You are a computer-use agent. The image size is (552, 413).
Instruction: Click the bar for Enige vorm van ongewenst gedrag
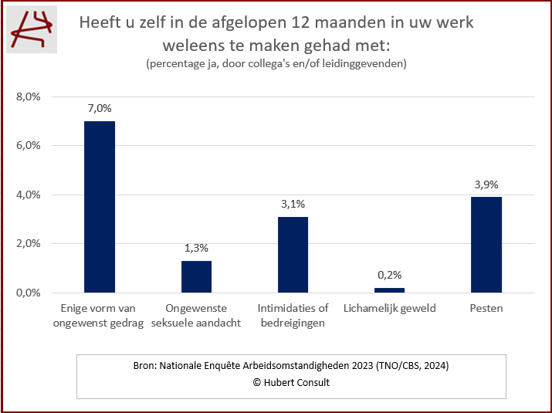tap(100, 207)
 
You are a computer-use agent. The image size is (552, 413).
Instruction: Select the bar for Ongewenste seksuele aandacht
tap(196, 276)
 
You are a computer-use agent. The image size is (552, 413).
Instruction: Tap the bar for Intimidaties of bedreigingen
tap(293, 255)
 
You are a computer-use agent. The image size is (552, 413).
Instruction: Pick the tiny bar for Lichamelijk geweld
tap(389, 290)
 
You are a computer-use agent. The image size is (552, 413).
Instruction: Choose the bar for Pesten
tap(486, 245)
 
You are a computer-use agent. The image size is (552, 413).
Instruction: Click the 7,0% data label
tap(100, 109)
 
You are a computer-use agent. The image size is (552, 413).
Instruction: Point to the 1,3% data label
tap(196, 249)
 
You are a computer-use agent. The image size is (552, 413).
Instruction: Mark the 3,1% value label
tap(293, 205)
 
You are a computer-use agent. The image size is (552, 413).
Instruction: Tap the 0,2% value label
tap(389, 275)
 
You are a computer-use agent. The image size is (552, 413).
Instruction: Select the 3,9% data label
tap(486, 184)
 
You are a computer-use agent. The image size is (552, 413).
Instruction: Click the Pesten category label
tap(486, 309)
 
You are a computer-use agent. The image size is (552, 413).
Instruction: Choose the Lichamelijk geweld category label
tap(389, 309)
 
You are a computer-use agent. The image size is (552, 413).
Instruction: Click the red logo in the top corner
tap(32, 32)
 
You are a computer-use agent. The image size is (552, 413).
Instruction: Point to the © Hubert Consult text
tap(291, 383)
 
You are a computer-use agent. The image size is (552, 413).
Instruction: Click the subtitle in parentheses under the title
tap(276, 63)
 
